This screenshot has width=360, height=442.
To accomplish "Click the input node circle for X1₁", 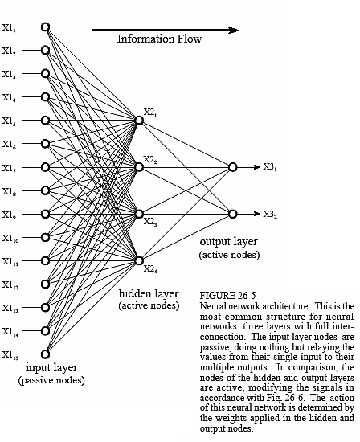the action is point(45,27).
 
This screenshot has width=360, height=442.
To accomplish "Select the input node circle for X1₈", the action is point(45,190).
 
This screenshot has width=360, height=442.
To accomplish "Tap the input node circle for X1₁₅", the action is point(45,354).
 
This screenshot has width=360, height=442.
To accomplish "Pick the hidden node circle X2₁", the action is point(139,121).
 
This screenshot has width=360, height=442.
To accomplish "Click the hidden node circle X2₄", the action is point(139,260).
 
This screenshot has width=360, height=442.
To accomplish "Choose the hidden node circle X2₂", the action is point(139,167).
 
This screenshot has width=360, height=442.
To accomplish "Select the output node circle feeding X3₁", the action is point(232,167).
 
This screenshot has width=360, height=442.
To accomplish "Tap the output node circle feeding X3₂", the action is point(232,214).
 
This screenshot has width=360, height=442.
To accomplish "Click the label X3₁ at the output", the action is point(270,167).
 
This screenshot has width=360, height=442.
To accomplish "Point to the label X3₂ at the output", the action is point(270,215).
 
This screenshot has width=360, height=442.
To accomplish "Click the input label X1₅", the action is point(9,121).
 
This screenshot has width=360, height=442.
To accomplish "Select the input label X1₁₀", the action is point(10,238).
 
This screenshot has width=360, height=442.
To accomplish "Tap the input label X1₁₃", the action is point(10,309).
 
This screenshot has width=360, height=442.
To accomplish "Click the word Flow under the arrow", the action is point(189,39).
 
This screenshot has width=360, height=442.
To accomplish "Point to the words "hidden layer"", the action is point(149,293).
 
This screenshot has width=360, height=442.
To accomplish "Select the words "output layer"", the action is point(229,242).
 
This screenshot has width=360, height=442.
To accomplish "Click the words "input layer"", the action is point(51,368).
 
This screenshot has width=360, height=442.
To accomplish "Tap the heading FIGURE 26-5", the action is point(227,296).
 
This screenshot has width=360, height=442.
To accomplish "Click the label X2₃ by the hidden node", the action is point(150,222).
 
